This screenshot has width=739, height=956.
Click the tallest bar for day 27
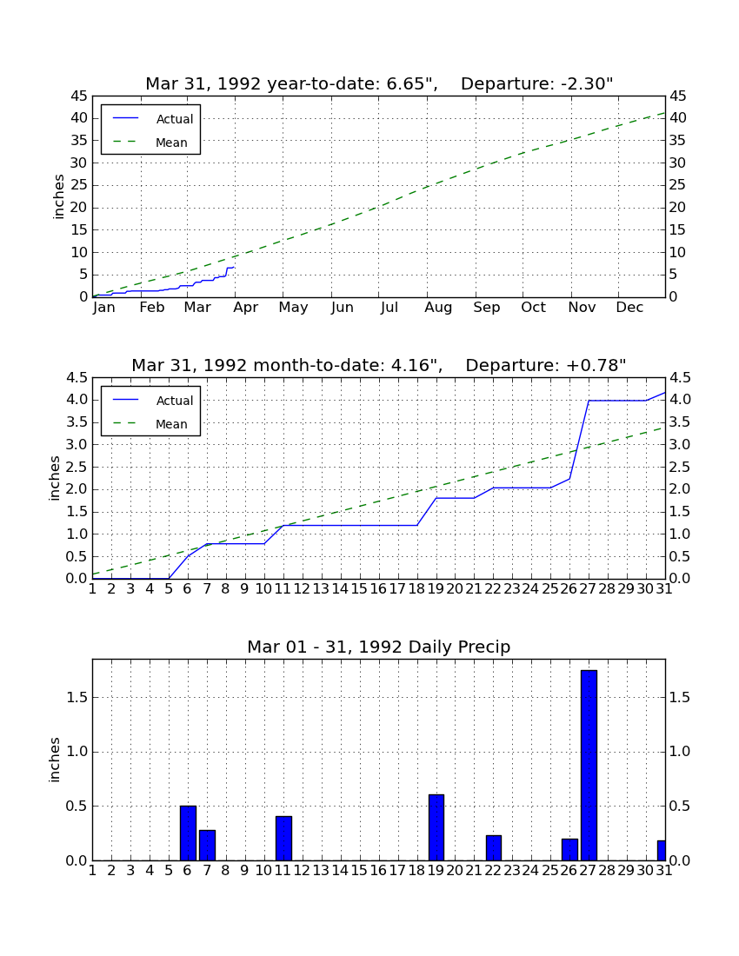click(589, 765)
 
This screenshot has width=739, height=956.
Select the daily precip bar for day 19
click(436, 827)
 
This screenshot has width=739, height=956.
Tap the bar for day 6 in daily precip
click(188, 833)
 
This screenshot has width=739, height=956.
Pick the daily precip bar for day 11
click(283, 839)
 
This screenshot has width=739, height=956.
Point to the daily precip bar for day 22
click(493, 847)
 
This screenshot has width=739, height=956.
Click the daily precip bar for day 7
click(207, 845)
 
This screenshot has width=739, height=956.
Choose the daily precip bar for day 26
click(569, 849)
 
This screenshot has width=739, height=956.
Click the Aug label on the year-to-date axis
click(438, 308)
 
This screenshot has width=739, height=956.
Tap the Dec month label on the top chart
click(629, 308)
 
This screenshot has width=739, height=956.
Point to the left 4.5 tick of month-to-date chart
click(77, 378)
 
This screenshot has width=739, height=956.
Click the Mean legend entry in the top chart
click(150, 143)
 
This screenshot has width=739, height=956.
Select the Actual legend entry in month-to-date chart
click(153, 401)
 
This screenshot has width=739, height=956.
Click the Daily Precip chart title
click(379, 647)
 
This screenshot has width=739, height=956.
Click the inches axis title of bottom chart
click(55, 760)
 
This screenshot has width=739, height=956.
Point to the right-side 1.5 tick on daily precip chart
click(679, 698)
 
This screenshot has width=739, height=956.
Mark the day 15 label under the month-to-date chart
click(359, 589)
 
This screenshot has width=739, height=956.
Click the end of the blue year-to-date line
click(234, 268)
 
